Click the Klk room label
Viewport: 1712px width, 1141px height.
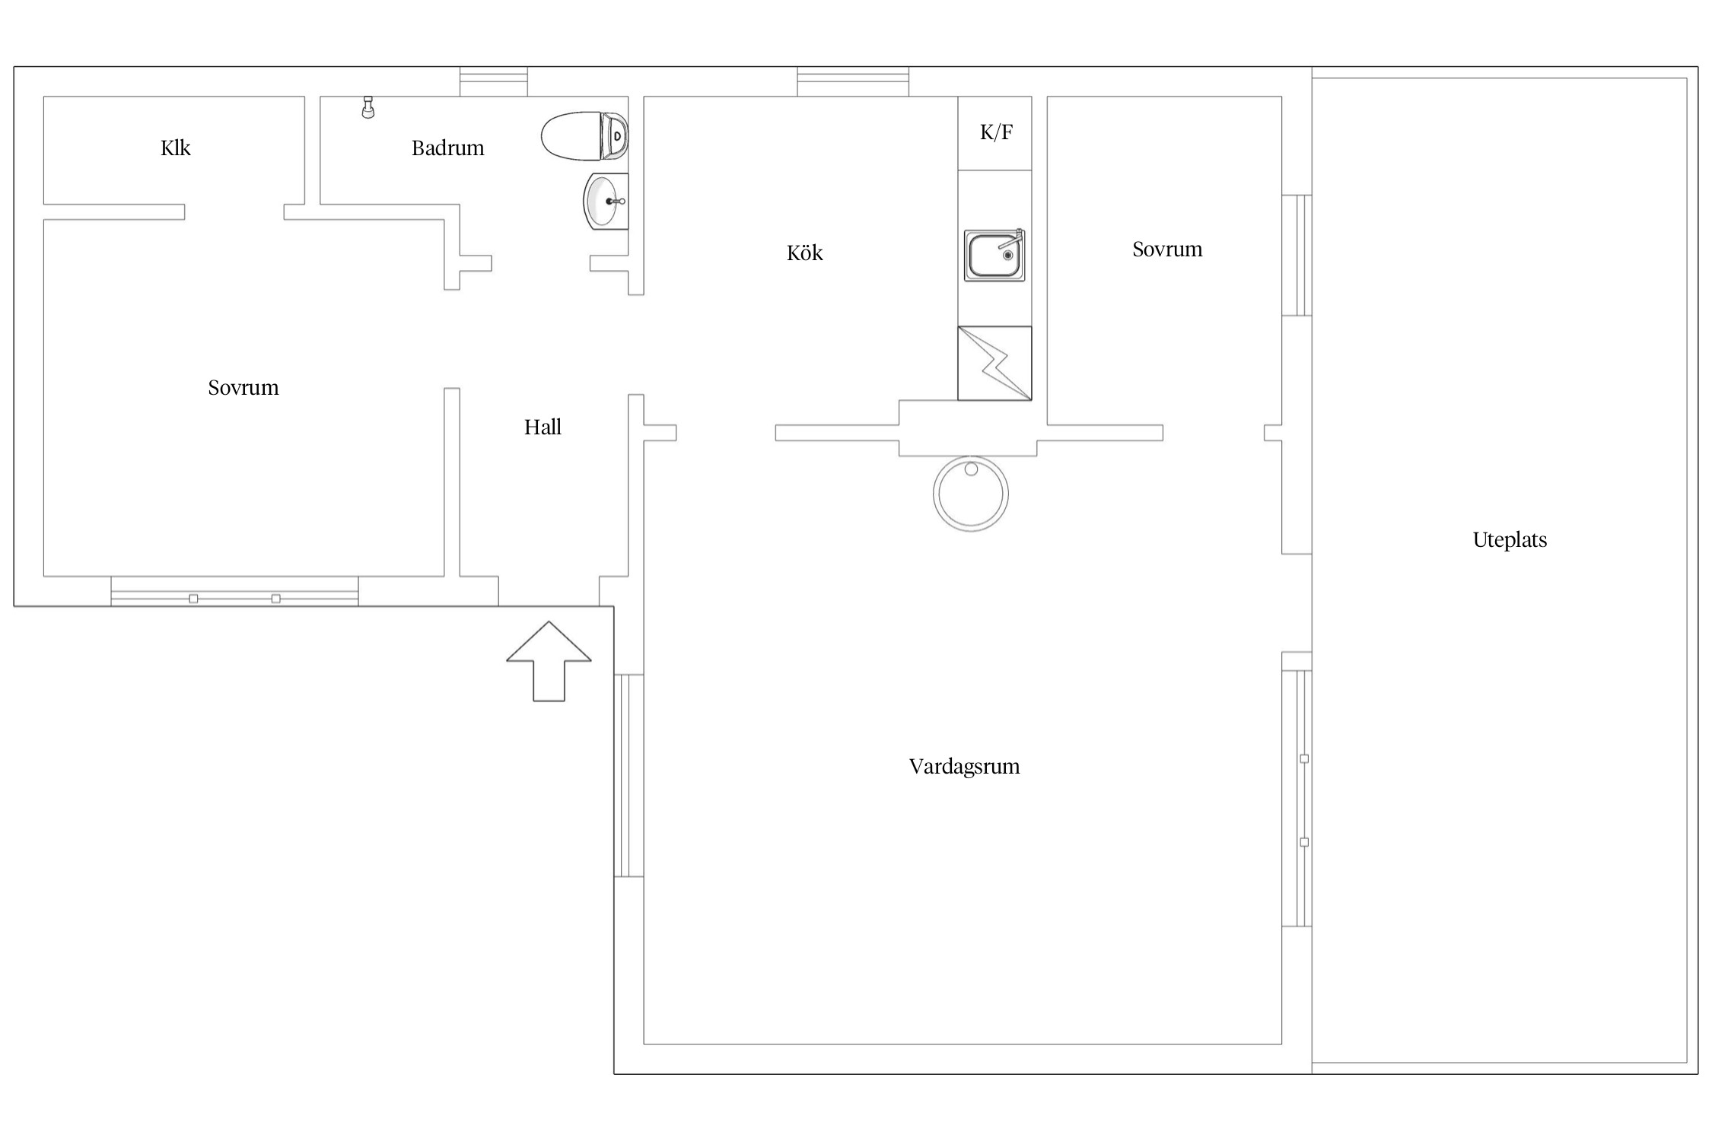pos(175,148)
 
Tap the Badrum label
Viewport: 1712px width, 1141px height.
pos(447,148)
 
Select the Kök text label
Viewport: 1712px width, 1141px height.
pos(804,252)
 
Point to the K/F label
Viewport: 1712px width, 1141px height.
pos(996,132)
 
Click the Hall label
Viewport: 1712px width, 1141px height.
pos(543,427)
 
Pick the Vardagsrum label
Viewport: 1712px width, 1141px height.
pos(964,767)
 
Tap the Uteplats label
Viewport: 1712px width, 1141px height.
pos(1510,540)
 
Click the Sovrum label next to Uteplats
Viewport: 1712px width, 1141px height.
pos(1167,249)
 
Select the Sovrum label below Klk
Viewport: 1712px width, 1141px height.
pos(243,388)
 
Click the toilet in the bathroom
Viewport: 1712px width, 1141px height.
pos(584,136)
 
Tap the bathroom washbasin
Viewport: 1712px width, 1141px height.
pos(606,201)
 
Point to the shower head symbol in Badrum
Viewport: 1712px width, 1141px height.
pos(368,107)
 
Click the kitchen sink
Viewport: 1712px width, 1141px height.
pos(994,255)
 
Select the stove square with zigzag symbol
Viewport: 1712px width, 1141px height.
pos(994,364)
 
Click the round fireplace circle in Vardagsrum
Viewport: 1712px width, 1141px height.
pos(971,493)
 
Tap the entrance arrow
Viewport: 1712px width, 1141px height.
pos(549,661)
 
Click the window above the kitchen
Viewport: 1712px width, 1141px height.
pos(853,81)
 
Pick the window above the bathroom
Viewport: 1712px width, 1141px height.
pos(494,81)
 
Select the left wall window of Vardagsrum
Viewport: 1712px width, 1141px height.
pos(628,776)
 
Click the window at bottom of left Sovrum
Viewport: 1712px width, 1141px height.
pos(234,592)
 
